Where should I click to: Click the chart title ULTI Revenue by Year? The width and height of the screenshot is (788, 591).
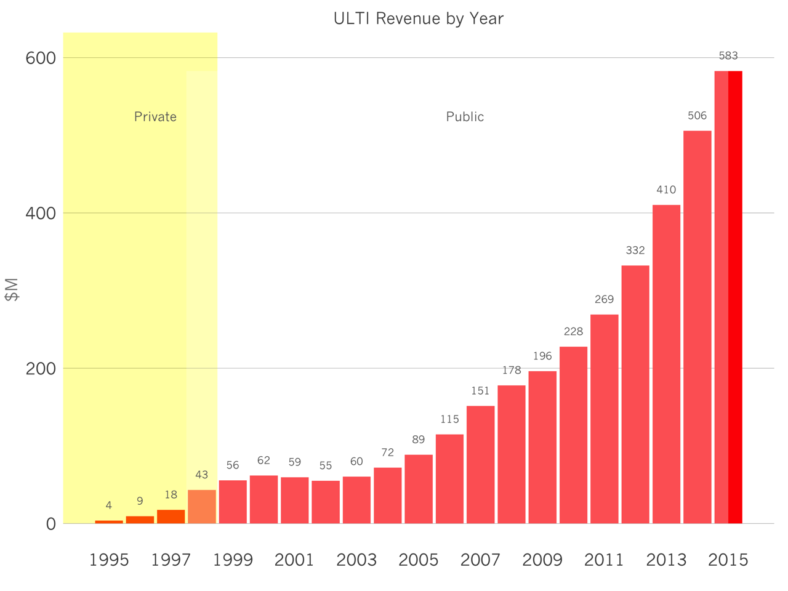[418, 19]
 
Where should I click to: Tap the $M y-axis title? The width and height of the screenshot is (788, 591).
[12, 289]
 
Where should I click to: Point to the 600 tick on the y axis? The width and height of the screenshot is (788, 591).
[41, 58]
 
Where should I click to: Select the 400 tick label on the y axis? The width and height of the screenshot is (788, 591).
[41, 214]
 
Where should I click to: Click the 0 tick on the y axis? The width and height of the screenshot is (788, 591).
[50, 525]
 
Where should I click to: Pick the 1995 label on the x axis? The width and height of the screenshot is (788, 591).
[109, 560]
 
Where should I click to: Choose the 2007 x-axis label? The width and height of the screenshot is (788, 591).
[480, 560]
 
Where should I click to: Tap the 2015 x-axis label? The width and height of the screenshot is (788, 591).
[728, 560]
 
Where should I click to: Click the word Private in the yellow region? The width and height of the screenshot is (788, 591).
[155, 117]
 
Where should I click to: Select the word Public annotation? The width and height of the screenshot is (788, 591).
[465, 117]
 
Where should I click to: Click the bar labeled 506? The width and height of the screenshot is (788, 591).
[697, 327]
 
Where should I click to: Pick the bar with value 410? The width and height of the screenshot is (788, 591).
[666, 364]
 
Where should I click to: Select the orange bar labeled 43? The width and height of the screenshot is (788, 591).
[202, 507]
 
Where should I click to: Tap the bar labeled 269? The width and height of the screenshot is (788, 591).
[604, 419]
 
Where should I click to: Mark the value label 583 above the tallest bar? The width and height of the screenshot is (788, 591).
[728, 56]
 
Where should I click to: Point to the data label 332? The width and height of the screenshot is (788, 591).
[635, 251]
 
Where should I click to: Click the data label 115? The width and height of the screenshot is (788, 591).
[449, 419]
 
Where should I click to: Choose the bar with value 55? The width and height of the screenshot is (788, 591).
[326, 502]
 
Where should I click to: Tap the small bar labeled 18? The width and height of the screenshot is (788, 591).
[171, 517]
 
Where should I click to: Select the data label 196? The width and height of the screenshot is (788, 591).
[542, 356]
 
